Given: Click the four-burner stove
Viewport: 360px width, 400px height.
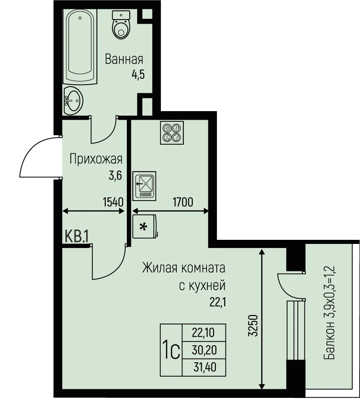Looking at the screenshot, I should tap(172, 132).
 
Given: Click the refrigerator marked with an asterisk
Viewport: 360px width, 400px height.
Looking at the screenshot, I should tap(144, 227).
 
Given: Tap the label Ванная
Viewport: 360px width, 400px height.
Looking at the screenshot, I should tap(124, 59).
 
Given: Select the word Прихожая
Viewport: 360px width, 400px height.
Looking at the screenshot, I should tap(96, 159).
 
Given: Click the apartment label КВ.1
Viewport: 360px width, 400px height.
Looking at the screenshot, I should tap(77, 237).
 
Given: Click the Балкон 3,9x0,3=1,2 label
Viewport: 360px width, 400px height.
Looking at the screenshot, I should tap(330, 313).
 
